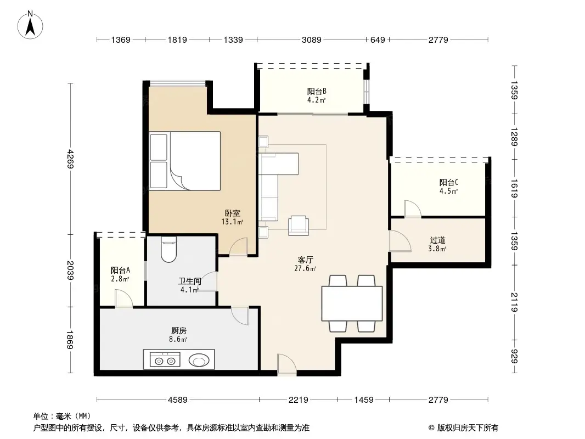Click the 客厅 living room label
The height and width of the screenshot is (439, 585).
tap(306, 260)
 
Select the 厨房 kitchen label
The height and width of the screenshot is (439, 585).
tap(179, 331)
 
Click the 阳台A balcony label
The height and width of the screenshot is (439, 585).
tap(120, 271)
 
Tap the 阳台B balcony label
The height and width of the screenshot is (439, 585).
tap(317, 92)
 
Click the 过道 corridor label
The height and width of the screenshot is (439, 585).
tap(437, 240)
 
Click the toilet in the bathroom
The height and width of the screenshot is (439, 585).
tap(168, 250)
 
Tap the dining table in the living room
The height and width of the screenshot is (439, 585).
tap(352, 303)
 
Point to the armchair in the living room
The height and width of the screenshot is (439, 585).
tap(299, 224)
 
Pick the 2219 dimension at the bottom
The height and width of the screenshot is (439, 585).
tap(299, 400)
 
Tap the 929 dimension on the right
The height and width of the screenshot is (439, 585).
tap(514, 356)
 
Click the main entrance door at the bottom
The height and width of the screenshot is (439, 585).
tap(286, 365)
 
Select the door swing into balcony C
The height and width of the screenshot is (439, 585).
tap(412, 209)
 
